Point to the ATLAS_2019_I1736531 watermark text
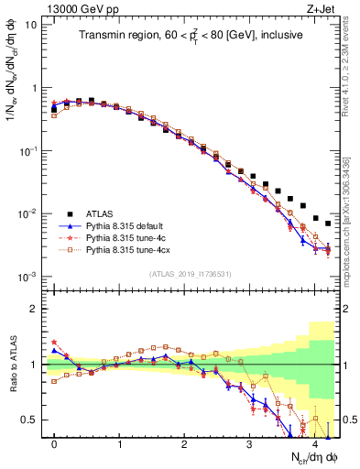pos(191,274)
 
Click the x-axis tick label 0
pos(55,444)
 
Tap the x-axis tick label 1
pos(120,444)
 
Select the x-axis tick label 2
pos(185,444)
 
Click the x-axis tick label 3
pos(250,444)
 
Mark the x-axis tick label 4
pos(315,444)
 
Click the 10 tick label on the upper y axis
pos(30,25)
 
